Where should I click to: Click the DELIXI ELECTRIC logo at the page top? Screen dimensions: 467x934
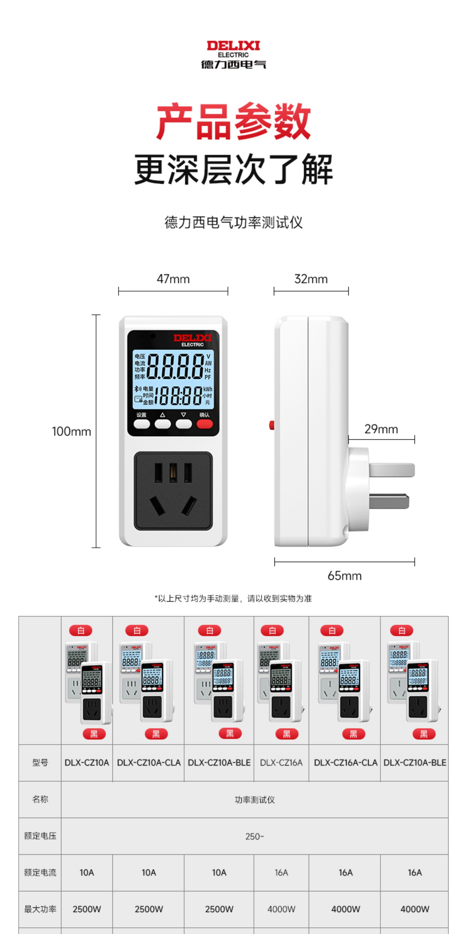coord(233,54)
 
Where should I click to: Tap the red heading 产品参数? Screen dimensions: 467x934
coord(233,121)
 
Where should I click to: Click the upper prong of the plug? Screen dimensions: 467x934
coord(392,470)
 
